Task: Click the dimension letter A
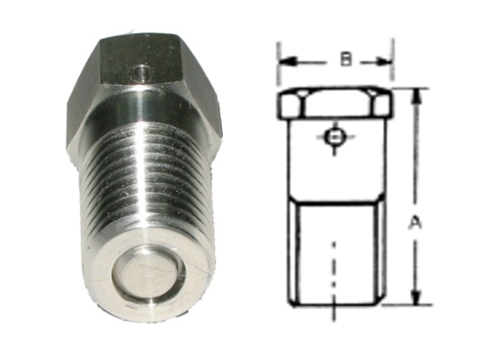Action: point(414,224)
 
